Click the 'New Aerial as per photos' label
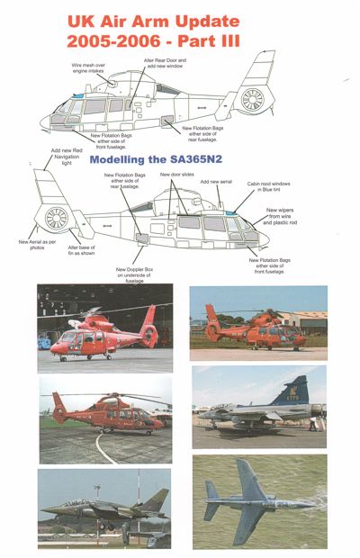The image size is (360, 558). tap(35, 244)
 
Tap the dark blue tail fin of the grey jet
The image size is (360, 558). tap(292, 392)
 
